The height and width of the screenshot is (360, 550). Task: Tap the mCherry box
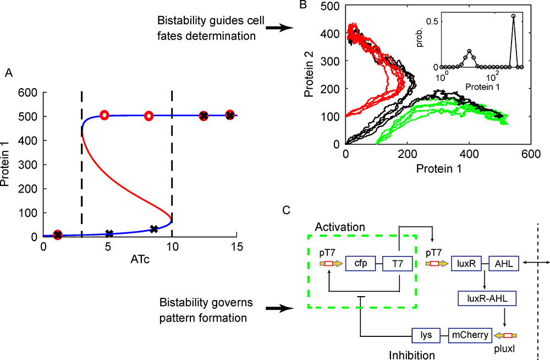468,335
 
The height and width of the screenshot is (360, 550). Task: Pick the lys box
427,335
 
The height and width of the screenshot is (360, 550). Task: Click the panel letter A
8,72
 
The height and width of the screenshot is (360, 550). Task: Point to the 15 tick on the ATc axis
237,248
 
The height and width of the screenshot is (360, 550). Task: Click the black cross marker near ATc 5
109,233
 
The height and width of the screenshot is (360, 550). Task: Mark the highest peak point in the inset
513,16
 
